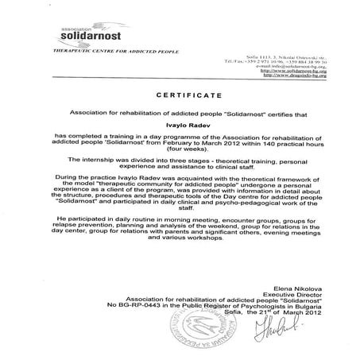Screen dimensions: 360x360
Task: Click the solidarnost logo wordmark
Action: click(x=91, y=37)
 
